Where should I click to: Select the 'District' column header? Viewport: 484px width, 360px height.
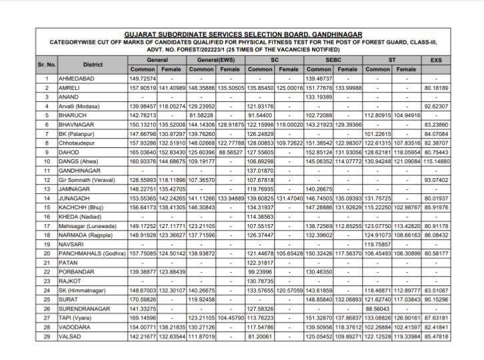click(93, 64)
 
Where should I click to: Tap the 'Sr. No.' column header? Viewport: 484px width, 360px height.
click(47, 64)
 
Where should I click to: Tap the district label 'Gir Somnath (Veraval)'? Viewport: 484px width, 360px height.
click(95, 181)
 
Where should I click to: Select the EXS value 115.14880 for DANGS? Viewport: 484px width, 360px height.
click(436, 161)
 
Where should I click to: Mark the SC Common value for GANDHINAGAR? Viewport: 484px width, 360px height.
click(260, 171)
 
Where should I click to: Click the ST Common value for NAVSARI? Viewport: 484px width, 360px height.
click(377, 245)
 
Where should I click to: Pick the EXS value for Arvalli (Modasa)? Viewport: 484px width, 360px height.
click(436, 106)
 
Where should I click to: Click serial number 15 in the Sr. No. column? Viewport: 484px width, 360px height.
click(47, 208)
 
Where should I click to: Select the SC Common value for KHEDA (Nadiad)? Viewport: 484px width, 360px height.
click(260, 217)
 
